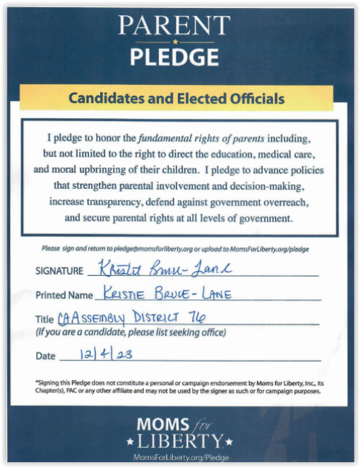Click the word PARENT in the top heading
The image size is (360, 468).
(174, 26)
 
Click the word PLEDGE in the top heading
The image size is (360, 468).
(174, 55)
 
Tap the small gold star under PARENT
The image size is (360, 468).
(174, 41)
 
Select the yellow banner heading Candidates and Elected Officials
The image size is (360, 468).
(176, 99)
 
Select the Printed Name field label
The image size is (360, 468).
(64, 295)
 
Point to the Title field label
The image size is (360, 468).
(45, 320)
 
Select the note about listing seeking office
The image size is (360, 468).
(130, 332)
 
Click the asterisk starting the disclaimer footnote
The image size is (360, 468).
(36, 382)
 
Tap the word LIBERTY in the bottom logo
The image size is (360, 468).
(181, 441)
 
